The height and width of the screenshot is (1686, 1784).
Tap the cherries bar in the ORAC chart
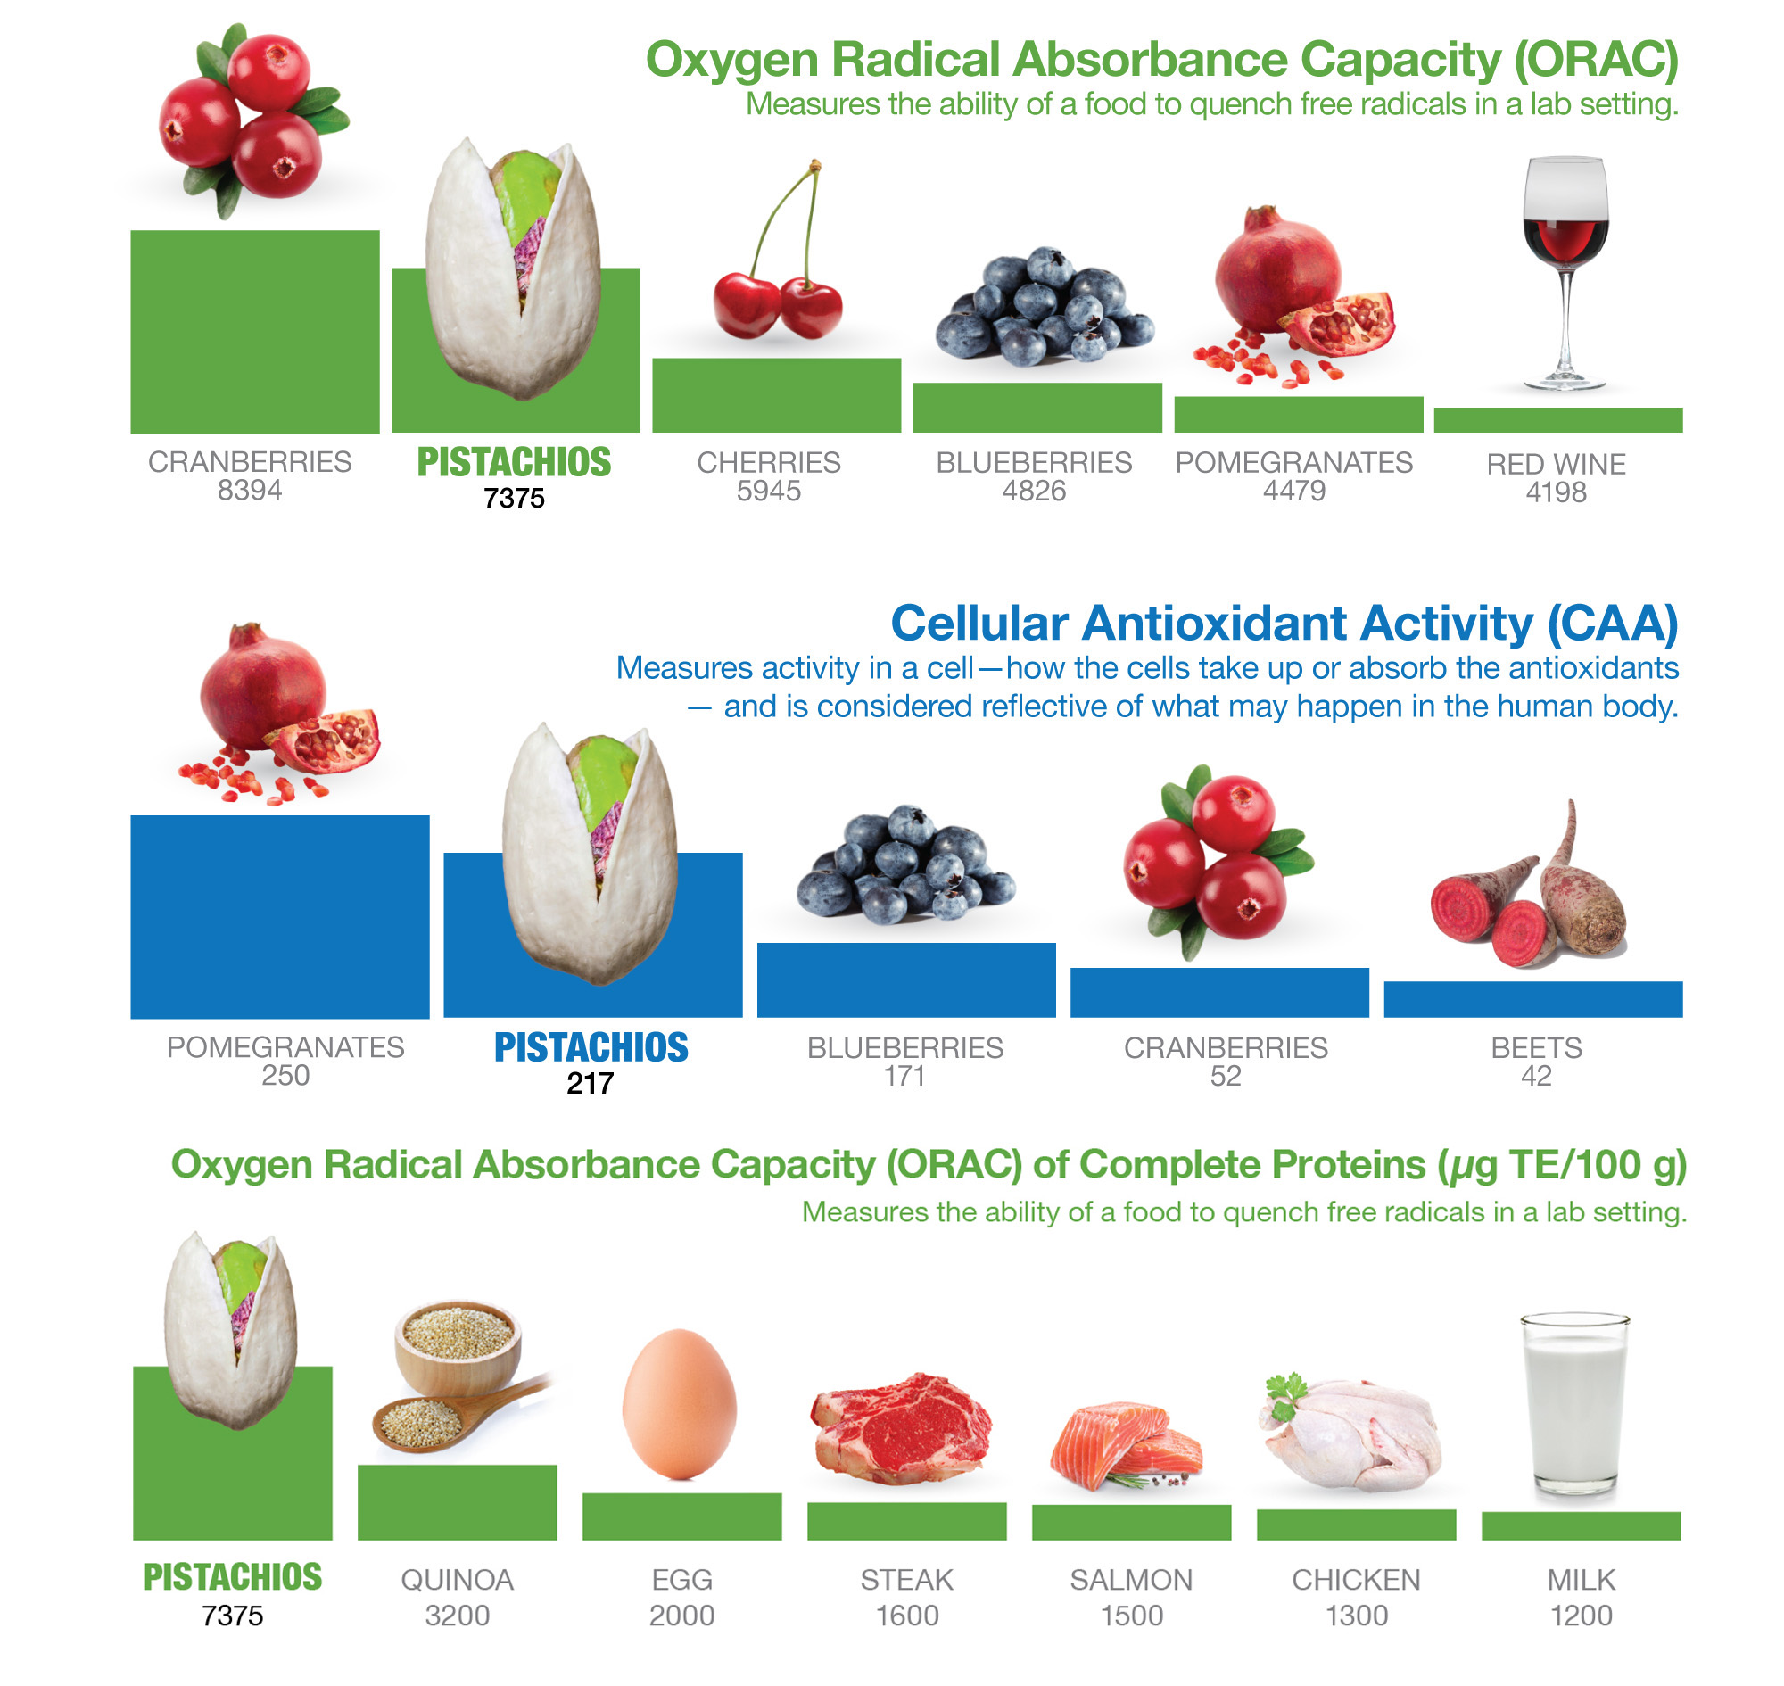point(776,395)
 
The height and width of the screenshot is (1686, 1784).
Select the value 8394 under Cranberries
point(250,491)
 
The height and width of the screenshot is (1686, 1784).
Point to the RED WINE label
point(1556,464)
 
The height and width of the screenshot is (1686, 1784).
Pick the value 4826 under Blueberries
point(1034,492)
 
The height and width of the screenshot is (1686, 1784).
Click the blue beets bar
point(1532,999)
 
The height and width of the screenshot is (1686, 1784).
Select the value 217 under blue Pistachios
point(591,1084)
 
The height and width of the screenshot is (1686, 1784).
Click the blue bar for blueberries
point(906,979)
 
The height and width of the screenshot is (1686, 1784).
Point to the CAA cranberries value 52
point(1225,1076)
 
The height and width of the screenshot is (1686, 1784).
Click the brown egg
point(680,1405)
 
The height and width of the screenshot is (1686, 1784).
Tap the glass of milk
point(1574,1407)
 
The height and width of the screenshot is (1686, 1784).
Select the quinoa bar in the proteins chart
point(457,1502)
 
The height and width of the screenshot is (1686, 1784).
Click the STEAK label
point(906,1580)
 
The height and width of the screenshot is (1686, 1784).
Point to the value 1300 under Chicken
point(1356,1616)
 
